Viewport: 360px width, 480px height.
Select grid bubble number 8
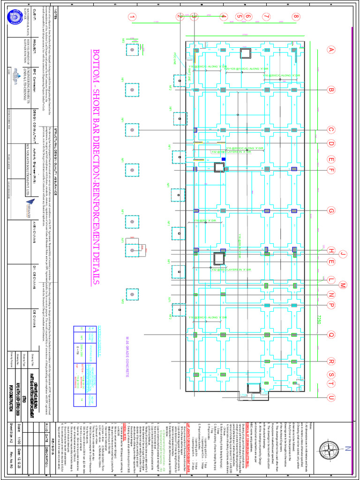tap(296, 17)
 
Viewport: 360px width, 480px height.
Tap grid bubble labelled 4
tap(224, 17)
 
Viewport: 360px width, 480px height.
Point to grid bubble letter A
tap(331, 50)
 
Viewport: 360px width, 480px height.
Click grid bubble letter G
tap(331, 210)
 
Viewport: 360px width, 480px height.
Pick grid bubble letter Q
tap(331, 335)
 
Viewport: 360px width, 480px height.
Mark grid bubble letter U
tap(331, 398)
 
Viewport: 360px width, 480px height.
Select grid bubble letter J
tap(343, 254)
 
